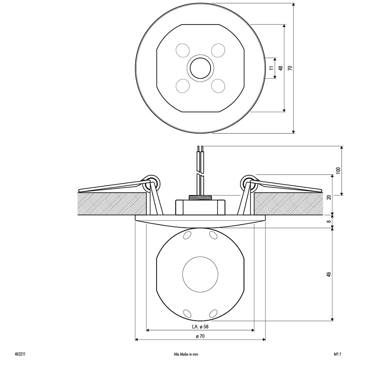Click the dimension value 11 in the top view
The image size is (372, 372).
272,68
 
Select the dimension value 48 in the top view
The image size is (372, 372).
281,68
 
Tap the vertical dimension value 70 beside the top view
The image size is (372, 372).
290,68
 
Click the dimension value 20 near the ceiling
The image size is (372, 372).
328,197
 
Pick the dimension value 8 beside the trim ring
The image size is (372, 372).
328,221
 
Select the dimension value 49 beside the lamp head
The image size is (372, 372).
328,275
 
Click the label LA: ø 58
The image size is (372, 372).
200,327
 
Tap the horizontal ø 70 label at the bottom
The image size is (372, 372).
200,336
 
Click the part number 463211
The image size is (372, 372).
20,355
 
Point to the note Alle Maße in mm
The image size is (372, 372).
186,355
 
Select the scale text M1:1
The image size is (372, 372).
337,355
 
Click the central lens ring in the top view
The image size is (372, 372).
200,68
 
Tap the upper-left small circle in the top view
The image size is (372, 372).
183,50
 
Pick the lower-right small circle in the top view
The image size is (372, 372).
218,86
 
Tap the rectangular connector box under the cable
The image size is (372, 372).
200,207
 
